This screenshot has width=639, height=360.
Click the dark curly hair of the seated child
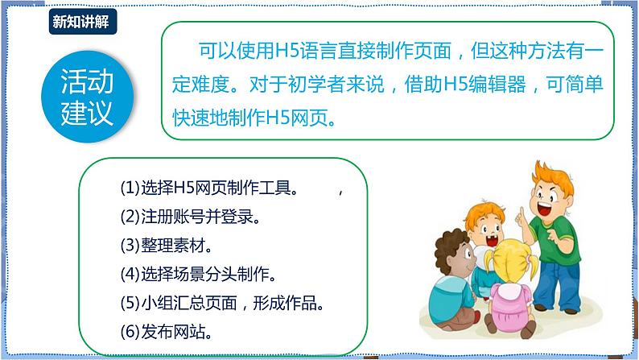(440, 245)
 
